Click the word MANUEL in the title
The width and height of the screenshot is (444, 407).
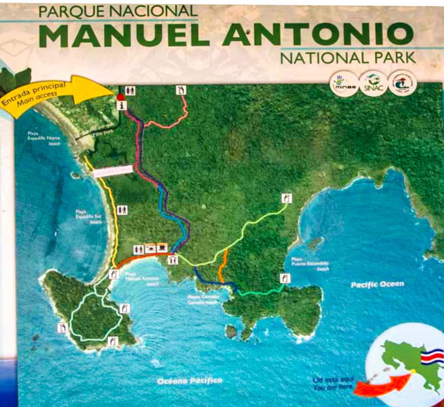click(128, 35)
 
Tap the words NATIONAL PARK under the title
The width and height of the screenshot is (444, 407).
click(347, 57)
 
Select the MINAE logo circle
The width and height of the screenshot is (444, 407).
click(344, 83)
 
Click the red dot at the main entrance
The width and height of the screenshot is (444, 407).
click(120, 97)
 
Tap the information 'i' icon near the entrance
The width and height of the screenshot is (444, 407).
click(121, 105)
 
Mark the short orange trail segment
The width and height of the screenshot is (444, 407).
click(222, 265)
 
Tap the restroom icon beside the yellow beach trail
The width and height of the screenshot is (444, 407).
click(122, 210)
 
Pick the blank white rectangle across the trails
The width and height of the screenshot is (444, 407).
click(113, 171)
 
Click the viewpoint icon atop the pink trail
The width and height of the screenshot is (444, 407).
click(181, 90)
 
